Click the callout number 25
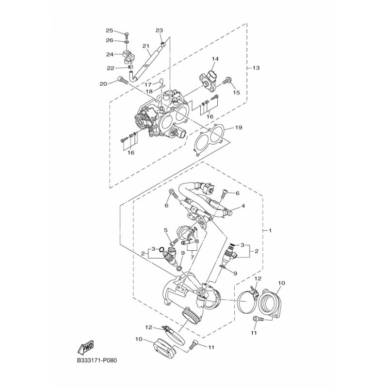click(x=109, y=31)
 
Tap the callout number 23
click(x=159, y=30)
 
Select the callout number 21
click(x=145, y=46)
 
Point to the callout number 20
click(x=103, y=84)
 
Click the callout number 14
click(x=215, y=59)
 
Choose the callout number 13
click(x=256, y=68)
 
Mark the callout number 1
click(x=271, y=230)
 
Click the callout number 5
click(x=165, y=230)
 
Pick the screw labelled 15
click(x=225, y=83)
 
